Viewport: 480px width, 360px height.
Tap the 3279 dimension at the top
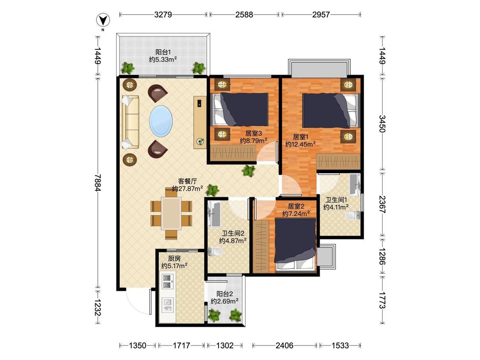pyautogui.click(x=163, y=15)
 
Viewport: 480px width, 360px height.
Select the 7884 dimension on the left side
pyautogui.click(x=98, y=183)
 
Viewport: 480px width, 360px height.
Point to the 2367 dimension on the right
pyautogui.click(x=382, y=204)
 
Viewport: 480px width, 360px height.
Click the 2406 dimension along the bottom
pyautogui.click(x=285, y=345)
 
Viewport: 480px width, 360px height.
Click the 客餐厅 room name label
pyautogui.click(x=187, y=181)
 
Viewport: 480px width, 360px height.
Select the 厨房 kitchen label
pyautogui.click(x=174, y=258)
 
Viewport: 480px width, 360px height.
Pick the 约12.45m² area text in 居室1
pyautogui.click(x=300, y=144)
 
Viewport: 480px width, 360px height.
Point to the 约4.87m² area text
pyautogui.click(x=233, y=241)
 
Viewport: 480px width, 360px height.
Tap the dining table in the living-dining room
pyautogui.click(x=172, y=213)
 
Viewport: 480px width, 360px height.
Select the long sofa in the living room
pyautogui.click(x=130, y=122)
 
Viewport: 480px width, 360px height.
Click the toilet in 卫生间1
pyautogui.click(x=354, y=215)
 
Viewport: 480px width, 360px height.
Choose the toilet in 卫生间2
pyautogui.click(x=215, y=251)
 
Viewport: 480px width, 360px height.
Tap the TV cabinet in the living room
pyautogui.click(x=200, y=122)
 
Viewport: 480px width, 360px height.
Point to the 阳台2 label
pyautogui.click(x=225, y=294)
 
